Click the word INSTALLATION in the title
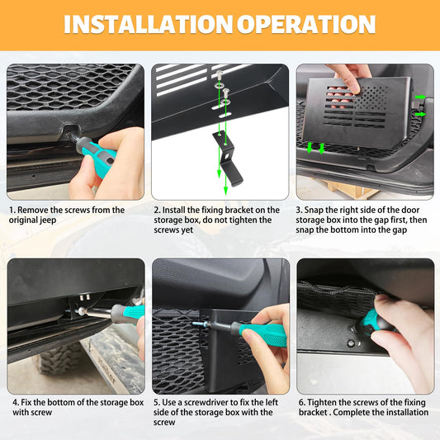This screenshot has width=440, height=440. coord(148,24)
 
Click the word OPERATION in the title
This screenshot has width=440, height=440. coord(306,24)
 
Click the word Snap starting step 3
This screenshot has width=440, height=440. coord(313,211)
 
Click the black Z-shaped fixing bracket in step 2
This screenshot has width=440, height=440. coord(228,158)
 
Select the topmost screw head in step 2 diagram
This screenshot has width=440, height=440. coord(219,74)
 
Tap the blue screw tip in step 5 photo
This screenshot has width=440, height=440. coord(199,324)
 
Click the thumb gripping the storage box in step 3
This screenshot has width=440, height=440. coord(352,84)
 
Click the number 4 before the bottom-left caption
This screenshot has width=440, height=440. coord(15,402)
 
